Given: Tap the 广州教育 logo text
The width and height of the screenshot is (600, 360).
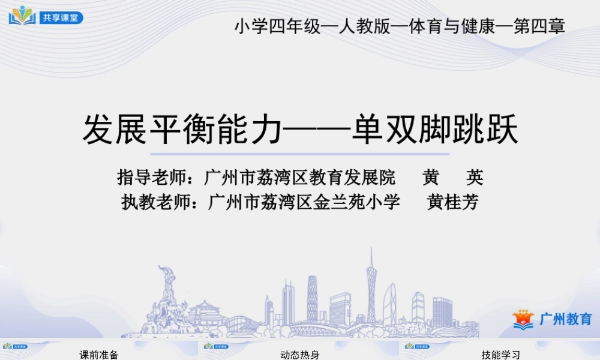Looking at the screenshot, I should [566, 319].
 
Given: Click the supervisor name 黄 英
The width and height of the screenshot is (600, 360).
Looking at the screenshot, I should [452, 178].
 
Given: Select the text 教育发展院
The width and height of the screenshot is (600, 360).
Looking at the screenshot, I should [359, 178].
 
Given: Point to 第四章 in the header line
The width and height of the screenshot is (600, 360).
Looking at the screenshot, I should [539, 27].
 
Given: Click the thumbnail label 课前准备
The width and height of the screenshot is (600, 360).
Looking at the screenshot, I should [99, 355].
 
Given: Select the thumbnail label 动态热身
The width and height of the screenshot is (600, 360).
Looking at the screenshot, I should [299, 355].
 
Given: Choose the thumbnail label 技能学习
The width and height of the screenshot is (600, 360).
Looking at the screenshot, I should [500, 355].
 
